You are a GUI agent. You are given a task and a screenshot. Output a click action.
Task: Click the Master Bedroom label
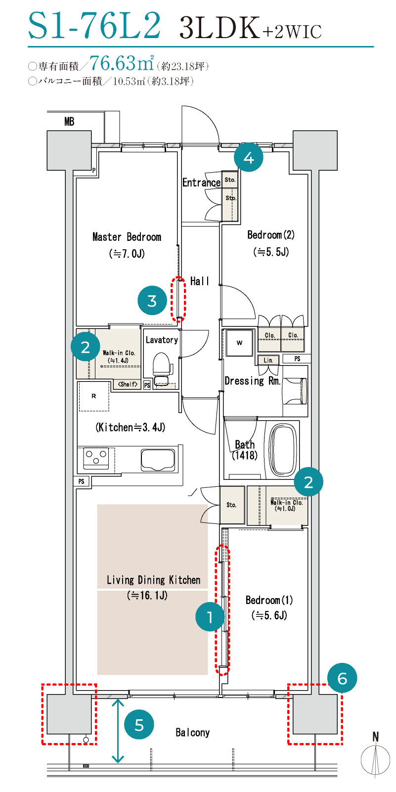point(127,236)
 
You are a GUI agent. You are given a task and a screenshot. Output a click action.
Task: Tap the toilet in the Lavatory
point(162,369)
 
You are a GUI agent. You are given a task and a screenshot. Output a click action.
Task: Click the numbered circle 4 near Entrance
point(249,157)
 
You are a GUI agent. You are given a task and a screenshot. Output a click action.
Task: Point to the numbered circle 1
point(210,616)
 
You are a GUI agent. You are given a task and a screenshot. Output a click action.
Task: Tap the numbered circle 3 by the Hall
point(152,301)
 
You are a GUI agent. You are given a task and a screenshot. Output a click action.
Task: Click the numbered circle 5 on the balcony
point(139,724)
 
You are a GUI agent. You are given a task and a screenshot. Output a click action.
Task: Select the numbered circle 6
point(342,678)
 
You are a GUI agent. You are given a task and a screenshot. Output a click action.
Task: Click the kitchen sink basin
point(158,460)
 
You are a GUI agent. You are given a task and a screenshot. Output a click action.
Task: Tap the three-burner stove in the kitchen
point(96,458)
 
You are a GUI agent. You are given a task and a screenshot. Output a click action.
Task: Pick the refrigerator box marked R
point(94,396)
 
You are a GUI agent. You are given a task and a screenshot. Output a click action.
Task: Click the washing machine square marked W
point(239,343)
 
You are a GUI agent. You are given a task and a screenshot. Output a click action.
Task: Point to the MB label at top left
point(69,122)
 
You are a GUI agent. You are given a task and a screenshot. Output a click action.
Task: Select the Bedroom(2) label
point(271,234)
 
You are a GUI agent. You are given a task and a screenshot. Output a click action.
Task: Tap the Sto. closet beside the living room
point(232,505)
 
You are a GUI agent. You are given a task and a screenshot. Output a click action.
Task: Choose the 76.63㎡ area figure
point(122,63)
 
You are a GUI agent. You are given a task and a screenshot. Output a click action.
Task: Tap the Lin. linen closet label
point(268,360)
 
